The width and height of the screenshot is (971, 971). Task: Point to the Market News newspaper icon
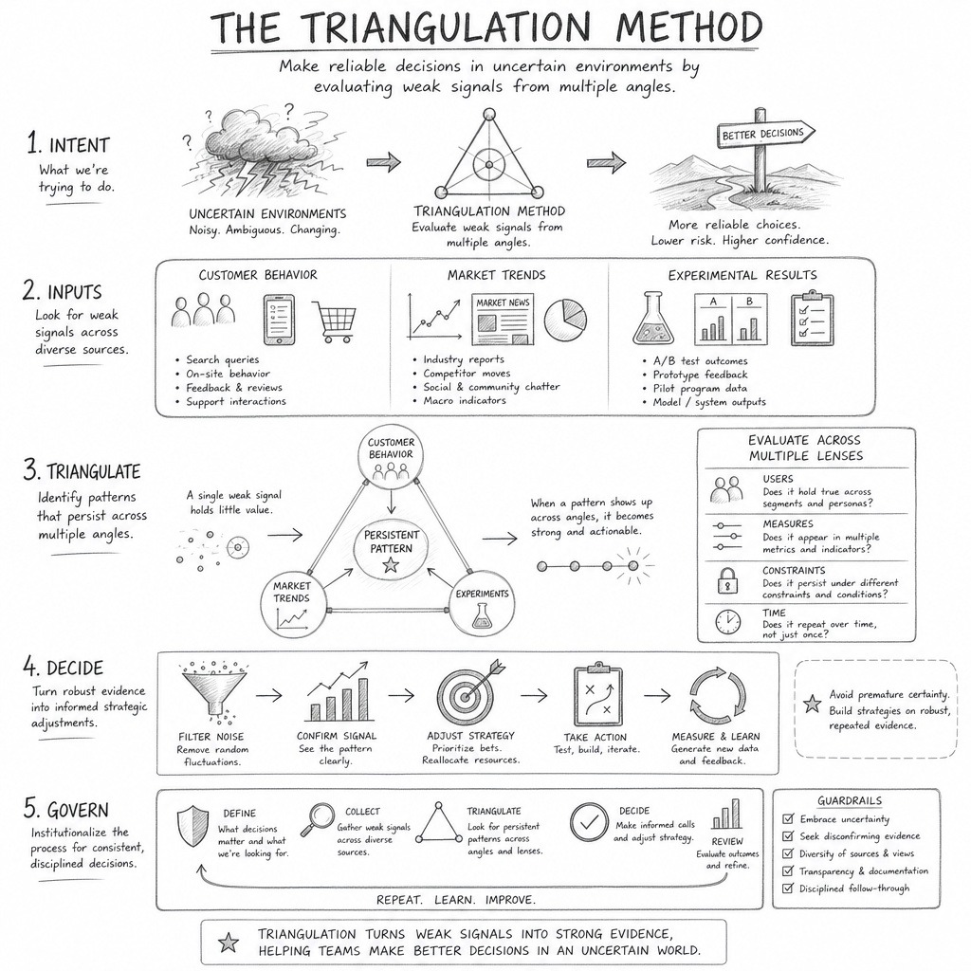tap(503, 320)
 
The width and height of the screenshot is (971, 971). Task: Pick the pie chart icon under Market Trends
tap(565, 320)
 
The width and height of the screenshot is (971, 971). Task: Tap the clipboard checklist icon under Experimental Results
tap(812, 319)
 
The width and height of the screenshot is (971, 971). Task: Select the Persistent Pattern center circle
tap(391, 549)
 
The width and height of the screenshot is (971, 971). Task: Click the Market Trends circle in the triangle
tap(292, 606)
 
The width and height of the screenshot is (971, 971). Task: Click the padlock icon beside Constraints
tap(727, 580)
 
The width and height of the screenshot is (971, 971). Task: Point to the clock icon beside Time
tap(727, 622)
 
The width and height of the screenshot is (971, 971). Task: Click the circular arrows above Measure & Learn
tap(718, 695)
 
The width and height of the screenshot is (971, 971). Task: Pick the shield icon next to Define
tap(192, 827)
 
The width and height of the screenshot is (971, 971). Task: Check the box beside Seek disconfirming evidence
tap(788, 836)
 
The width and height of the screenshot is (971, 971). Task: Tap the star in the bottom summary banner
tap(229, 943)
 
